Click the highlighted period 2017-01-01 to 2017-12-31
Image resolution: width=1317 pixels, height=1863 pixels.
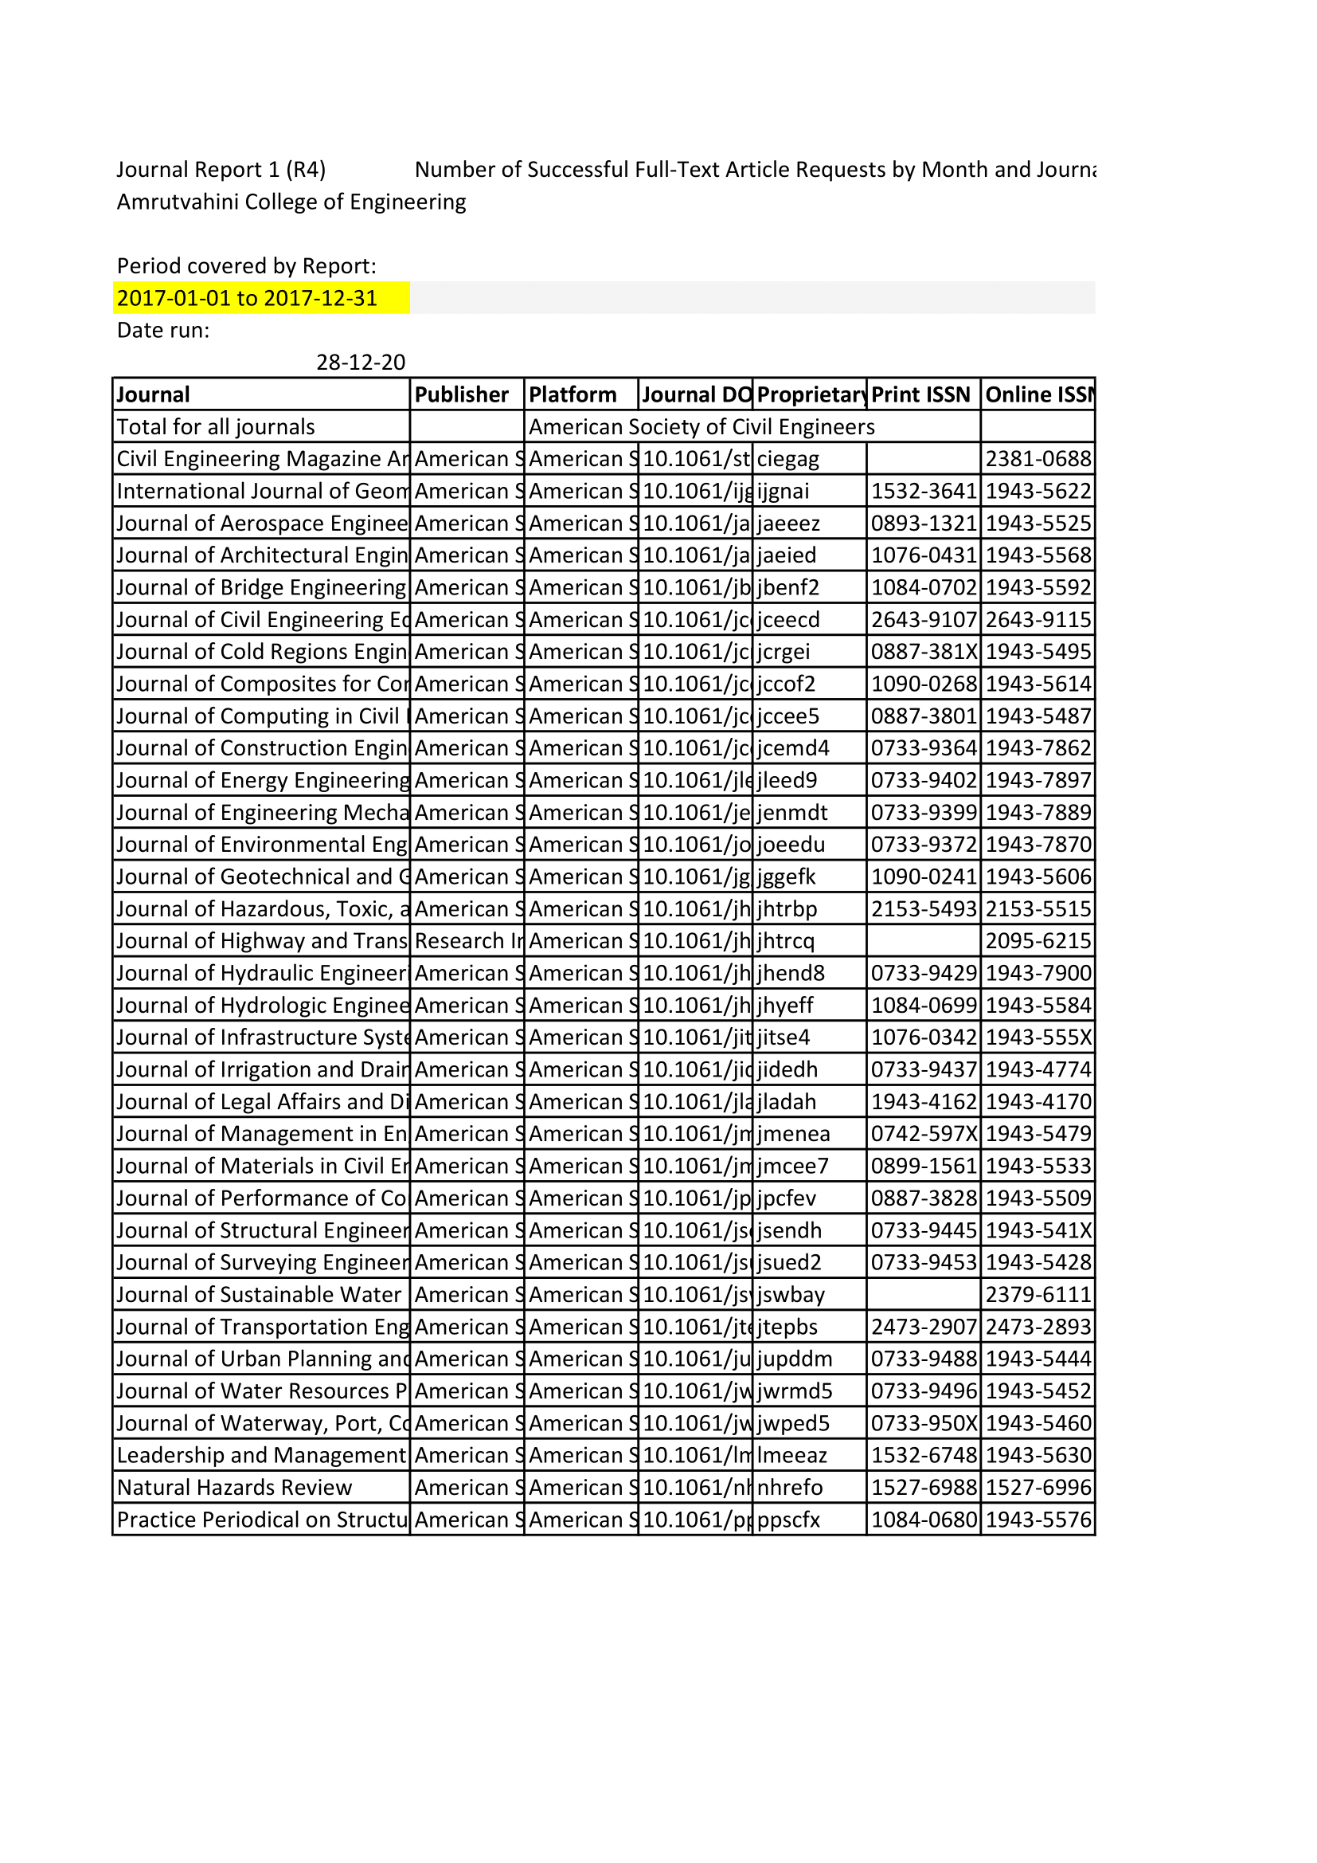pos(248,298)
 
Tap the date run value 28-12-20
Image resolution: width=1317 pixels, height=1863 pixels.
pos(360,362)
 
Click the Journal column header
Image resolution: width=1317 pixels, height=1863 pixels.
pos(153,394)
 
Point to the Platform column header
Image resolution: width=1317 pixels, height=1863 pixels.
pos(573,394)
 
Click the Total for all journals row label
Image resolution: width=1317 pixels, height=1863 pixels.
pos(216,427)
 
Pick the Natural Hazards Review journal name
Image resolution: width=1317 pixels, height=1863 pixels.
pos(234,1488)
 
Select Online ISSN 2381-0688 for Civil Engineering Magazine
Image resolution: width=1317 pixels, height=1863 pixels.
pos(1038,458)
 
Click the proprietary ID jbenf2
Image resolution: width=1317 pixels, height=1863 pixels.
pos(788,587)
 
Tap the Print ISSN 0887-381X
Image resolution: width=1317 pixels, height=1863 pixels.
pos(924,652)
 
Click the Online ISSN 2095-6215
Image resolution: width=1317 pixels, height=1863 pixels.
pos(1038,941)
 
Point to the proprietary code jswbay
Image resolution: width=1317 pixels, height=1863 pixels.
pos(791,1294)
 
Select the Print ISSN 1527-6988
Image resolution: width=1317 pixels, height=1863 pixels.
pos(924,1488)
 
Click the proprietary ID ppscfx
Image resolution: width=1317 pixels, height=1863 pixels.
pos(788,1520)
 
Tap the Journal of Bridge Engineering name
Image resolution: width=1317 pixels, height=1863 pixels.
pos(260,587)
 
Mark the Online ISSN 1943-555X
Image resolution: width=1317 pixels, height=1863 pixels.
pos(1038,1037)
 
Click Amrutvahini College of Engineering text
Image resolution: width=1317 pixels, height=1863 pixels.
pos(291,202)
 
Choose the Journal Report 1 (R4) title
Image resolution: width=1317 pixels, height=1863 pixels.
pos(221,169)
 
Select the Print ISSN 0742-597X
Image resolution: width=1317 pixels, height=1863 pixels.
pos(924,1134)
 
